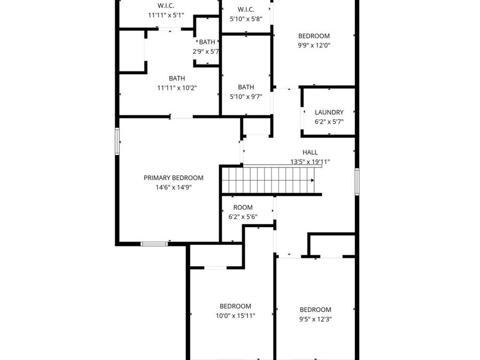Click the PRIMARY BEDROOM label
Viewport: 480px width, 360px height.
[173, 178]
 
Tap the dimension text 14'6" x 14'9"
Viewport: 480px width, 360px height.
[173, 187]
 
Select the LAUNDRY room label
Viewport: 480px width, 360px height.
[329, 112]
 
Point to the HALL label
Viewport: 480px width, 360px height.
[310, 152]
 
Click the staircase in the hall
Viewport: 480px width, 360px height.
[271, 180]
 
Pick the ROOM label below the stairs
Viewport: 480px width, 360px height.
[243, 207]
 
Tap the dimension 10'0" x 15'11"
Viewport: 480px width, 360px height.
[235, 316]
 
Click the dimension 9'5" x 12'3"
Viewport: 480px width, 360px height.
[315, 319]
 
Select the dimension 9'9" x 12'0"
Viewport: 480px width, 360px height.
[314, 45]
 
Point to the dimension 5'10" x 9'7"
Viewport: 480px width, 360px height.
[246, 97]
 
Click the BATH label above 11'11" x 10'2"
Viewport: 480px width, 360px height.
[177, 78]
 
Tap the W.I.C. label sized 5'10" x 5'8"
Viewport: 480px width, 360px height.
[246, 9]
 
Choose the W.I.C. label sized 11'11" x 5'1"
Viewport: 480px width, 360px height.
[166, 5]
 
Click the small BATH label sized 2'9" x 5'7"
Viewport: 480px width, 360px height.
[207, 42]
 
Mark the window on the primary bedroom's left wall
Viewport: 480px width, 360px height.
[117, 141]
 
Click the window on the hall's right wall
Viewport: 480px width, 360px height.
[357, 181]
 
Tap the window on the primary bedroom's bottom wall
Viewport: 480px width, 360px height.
[154, 244]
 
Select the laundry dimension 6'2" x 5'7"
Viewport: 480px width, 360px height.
[329, 122]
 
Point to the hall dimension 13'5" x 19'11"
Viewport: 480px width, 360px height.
[310, 161]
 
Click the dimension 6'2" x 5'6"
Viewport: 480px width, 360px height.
[243, 217]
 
